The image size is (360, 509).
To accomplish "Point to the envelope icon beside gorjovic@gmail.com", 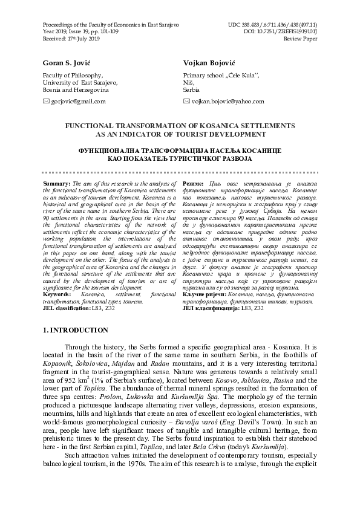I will (47, 102).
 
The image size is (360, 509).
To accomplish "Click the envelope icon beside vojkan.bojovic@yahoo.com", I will (186, 102).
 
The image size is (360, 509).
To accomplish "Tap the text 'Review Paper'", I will (302, 22).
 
